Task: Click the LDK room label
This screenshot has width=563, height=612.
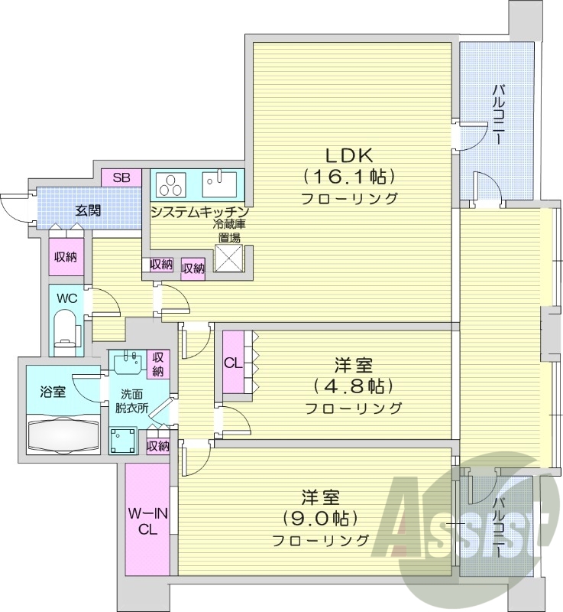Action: (x=349, y=155)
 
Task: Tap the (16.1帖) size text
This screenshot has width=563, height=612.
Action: (x=349, y=177)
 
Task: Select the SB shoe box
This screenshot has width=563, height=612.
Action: (x=122, y=177)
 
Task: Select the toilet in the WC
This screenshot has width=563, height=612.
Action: (x=67, y=330)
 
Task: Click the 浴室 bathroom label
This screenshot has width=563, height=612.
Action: (x=53, y=392)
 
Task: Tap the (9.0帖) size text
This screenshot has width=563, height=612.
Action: (x=320, y=519)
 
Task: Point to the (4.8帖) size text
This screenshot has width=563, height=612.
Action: (x=352, y=384)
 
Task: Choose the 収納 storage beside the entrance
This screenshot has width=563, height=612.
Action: (x=65, y=257)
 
